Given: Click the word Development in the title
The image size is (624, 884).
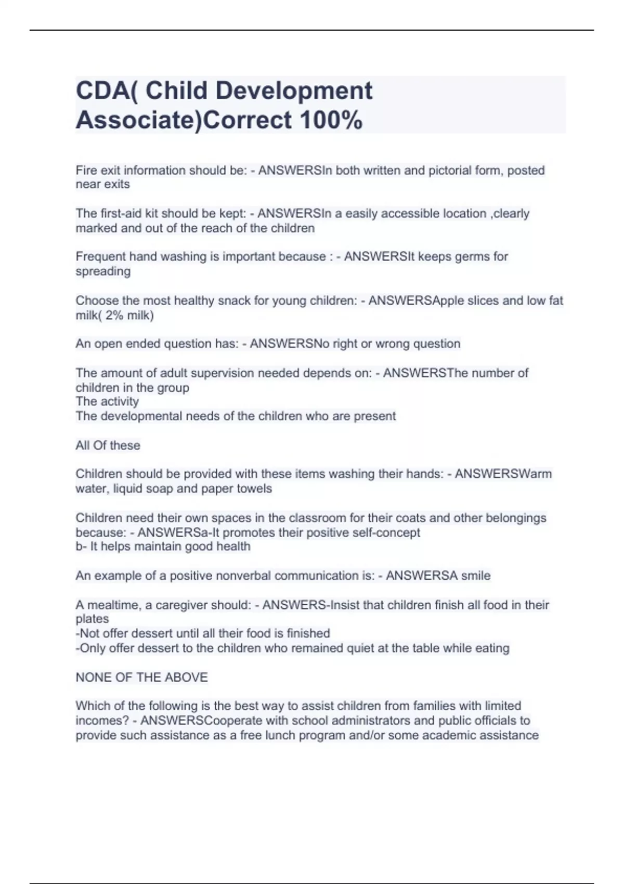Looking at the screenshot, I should click(x=294, y=91).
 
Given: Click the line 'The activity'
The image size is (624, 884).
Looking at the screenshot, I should click(x=107, y=401).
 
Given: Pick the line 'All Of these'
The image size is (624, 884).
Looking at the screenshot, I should click(x=108, y=446).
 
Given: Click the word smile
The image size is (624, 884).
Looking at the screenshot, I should click(x=475, y=576).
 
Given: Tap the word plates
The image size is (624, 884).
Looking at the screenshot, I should click(x=92, y=619).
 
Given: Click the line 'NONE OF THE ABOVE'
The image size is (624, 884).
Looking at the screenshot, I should click(x=141, y=677).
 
